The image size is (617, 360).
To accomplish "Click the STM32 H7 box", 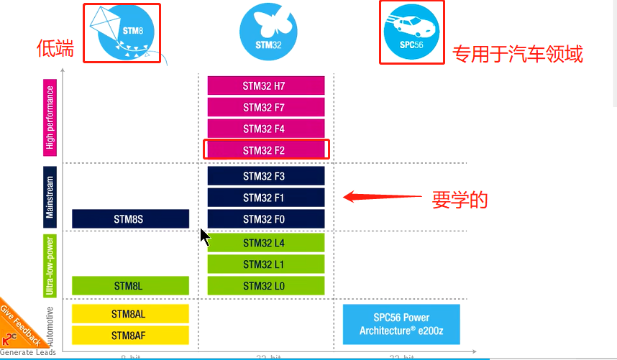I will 266,86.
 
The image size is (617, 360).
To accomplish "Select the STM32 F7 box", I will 266,107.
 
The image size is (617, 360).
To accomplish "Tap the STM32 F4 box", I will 266,129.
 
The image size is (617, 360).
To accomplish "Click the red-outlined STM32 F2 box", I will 266,149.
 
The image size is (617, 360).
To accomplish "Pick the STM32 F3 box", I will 266,175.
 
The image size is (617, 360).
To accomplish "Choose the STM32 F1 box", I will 266,197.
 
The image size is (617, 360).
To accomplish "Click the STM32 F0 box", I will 266,218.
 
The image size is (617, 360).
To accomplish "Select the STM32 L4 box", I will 266,243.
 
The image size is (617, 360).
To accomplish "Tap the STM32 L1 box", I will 266,264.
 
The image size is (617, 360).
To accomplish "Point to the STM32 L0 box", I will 266,285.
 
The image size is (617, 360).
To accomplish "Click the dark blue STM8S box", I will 130,218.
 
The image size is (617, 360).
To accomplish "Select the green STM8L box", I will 130,285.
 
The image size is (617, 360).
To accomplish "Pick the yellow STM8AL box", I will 130,313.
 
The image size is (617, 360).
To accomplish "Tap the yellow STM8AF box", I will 130,335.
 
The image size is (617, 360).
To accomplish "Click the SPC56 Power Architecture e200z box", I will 401,324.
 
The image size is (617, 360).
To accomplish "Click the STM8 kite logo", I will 122,33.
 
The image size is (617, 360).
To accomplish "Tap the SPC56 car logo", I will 412,32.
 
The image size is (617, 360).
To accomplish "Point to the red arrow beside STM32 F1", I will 381,196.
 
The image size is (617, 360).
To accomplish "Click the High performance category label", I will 50,118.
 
